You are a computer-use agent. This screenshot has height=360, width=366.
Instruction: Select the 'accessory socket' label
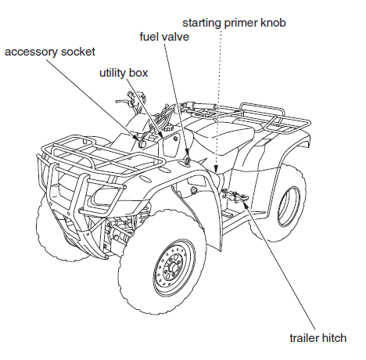coord(50,52)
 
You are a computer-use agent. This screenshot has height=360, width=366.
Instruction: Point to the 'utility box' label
coord(124,72)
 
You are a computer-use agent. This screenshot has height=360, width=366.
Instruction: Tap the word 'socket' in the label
coord(78,52)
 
